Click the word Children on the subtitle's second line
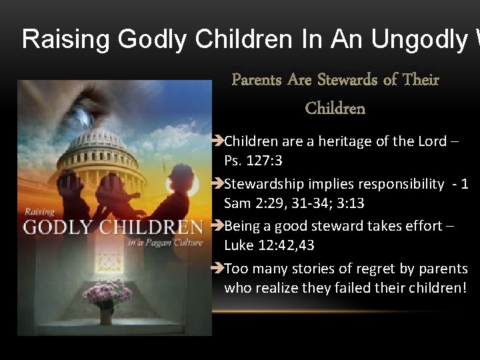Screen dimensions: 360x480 335,108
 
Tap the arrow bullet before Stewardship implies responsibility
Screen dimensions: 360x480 217,184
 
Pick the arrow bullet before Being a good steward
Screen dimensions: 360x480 217,227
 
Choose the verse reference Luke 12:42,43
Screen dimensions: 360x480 269,245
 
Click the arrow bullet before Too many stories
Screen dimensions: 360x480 217,269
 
